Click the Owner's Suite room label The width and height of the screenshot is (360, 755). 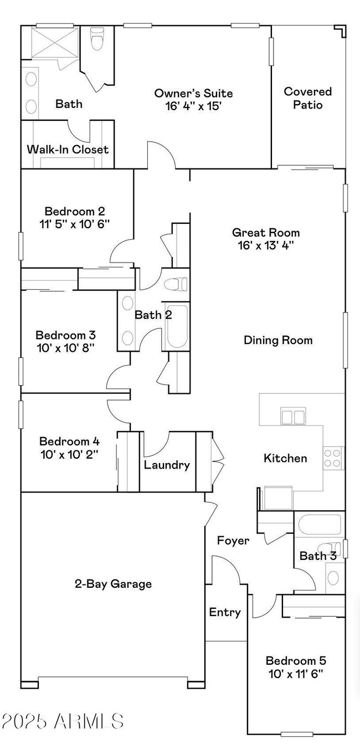[193, 94]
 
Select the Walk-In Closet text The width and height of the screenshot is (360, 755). [68, 150]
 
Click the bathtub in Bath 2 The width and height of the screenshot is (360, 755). [177, 327]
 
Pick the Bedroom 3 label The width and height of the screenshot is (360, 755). [65, 335]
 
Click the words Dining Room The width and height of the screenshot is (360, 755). [278, 340]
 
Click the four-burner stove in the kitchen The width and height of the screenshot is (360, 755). [333, 458]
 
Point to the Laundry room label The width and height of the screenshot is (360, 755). [167, 465]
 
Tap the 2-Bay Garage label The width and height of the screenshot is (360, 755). [113, 583]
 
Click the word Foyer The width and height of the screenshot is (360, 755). [233, 540]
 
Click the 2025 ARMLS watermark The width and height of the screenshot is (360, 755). [62, 721]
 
